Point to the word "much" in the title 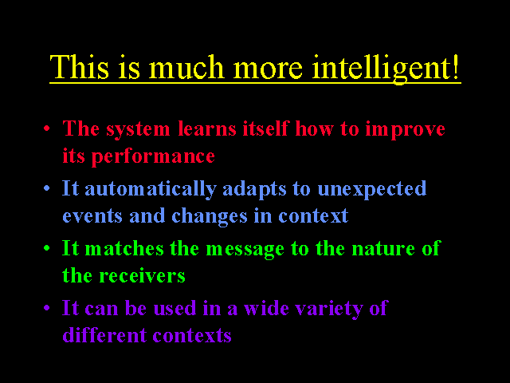[x=186, y=67]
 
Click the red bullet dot [x=47, y=128]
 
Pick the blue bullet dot [x=47, y=188]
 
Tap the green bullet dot [x=47, y=248]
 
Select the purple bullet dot [x=47, y=307]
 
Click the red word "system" [x=138, y=130]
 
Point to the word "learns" [x=207, y=128]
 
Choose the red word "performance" [x=153, y=157]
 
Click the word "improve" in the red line [x=406, y=129]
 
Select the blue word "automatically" [x=151, y=190]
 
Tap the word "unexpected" [x=372, y=190]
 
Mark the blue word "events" [x=92, y=216]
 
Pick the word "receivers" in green [x=142, y=276]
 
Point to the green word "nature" [x=383, y=249]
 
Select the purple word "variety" [x=329, y=309]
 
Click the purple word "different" [x=104, y=334]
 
